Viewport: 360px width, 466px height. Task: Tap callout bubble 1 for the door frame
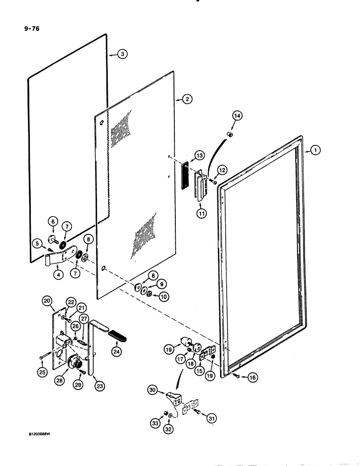[316, 151]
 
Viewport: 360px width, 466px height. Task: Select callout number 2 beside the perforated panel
[186, 99]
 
